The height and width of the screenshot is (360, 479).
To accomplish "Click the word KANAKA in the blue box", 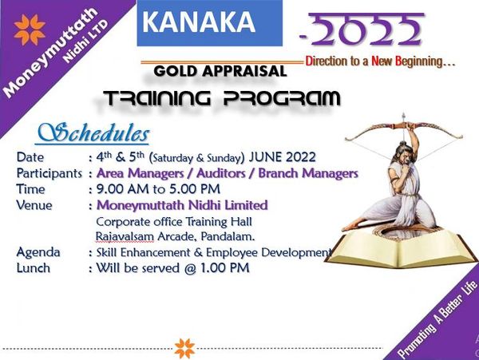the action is coord(199,22).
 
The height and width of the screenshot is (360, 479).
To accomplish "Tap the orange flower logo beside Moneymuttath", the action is coord(30,30).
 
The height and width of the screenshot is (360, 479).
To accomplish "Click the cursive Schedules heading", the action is coord(93,133).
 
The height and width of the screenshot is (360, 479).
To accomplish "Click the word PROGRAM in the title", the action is coord(281,98).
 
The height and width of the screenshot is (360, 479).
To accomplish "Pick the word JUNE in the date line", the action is coord(265,157).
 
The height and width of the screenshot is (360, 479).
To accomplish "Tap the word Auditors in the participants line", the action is coord(221,173).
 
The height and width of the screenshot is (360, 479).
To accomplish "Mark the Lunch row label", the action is coord(34,267).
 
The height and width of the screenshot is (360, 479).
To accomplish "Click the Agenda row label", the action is coord(38,252).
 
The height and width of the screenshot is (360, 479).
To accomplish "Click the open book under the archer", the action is coord(401,247).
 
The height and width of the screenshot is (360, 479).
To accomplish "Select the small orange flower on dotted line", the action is coord(185,348).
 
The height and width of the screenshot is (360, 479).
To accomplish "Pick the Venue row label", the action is coord(34,205).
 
